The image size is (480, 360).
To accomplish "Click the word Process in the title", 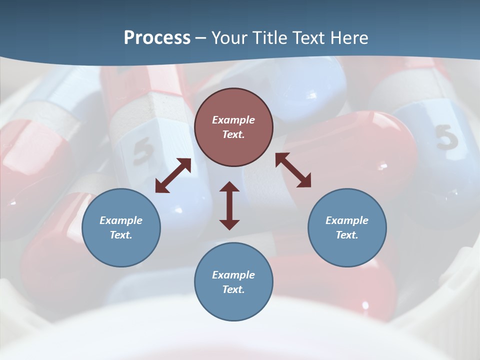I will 157,38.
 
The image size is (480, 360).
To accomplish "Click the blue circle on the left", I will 121,227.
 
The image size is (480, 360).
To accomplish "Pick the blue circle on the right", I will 347,227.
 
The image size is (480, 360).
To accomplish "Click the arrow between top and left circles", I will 173,175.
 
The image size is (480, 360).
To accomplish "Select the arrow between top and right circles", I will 293,170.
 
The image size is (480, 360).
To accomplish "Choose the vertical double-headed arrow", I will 229,205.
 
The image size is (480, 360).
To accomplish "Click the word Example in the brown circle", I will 233,120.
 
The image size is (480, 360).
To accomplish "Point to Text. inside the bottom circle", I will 233,289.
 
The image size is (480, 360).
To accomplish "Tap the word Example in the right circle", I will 347,220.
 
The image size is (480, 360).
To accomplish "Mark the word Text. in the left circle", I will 121,235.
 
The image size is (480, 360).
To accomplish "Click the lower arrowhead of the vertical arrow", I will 229,223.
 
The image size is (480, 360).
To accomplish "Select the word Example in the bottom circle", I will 233,275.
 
